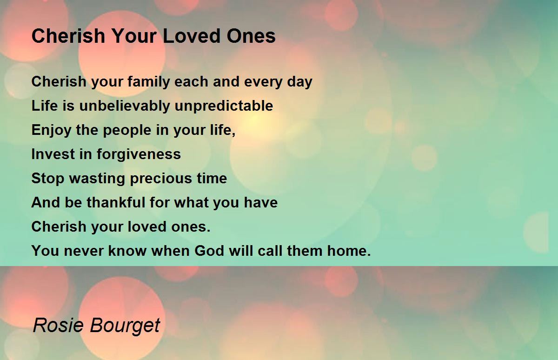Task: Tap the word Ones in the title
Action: [251, 36]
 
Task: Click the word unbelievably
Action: [125, 106]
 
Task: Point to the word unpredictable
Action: [224, 106]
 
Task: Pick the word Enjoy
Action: [51, 130]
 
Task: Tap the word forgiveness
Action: [139, 154]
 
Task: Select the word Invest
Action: [53, 154]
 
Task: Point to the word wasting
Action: [97, 179]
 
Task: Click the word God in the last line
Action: [209, 251]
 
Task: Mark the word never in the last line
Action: [84, 251]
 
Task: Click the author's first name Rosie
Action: [58, 325]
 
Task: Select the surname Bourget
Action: [125, 326]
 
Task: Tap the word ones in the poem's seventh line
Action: [191, 227]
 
